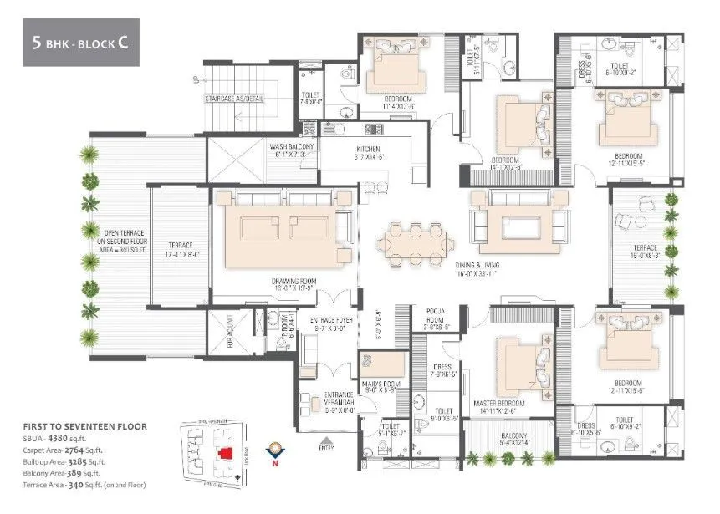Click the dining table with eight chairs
coord(410,242)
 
